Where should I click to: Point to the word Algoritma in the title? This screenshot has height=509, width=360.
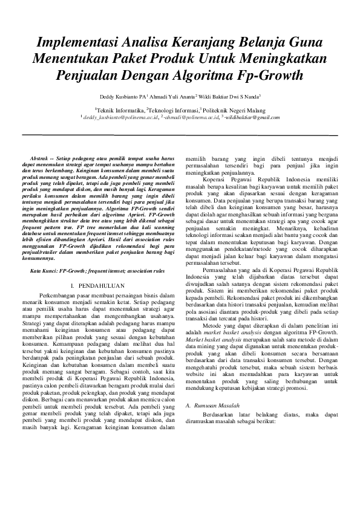[x=208, y=77]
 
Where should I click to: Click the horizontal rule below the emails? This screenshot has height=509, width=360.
[x=180, y=135]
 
